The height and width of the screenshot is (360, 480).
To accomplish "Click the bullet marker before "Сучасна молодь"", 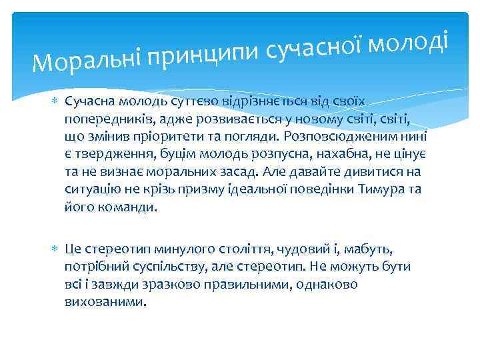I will point(55,101).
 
